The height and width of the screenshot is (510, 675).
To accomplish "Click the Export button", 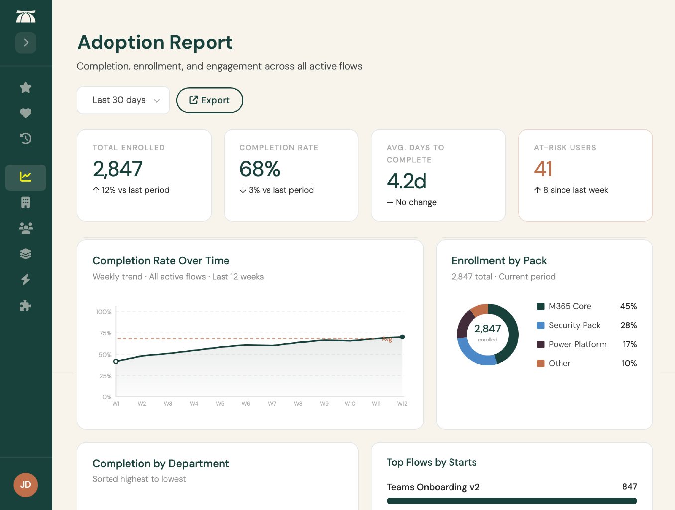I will tap(210, 100).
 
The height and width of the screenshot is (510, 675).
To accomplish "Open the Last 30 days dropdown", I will tap(123, 100).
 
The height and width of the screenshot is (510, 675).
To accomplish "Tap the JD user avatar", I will tap(26, 485).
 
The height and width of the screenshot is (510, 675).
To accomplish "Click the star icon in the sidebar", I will tap(26, 88).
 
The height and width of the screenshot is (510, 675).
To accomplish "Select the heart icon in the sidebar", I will tap(26, 113).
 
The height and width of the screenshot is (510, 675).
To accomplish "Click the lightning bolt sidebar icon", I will tap(26, 279).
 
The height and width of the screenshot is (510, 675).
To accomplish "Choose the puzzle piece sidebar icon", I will tap(26, 305).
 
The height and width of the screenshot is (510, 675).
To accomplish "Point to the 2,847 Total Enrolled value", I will tap(117, 169).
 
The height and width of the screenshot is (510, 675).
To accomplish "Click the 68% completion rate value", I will tap(259, 169).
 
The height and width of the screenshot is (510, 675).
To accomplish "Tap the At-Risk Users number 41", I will tap(543, 169).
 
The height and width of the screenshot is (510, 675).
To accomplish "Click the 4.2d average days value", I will tap(406, 181).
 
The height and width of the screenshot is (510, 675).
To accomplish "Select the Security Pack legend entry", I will tap(574, 325).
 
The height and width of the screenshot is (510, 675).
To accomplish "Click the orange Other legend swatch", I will tap(540, 363).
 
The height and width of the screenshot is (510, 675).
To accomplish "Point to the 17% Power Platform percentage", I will tap(629, 344).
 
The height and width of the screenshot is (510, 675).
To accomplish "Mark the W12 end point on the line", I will tap(402, 337).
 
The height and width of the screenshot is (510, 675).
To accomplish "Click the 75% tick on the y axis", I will tap(105, 333).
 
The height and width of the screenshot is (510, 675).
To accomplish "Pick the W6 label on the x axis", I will tap(246, 404).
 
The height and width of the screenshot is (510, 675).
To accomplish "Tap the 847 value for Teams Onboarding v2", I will tap(629, 487).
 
